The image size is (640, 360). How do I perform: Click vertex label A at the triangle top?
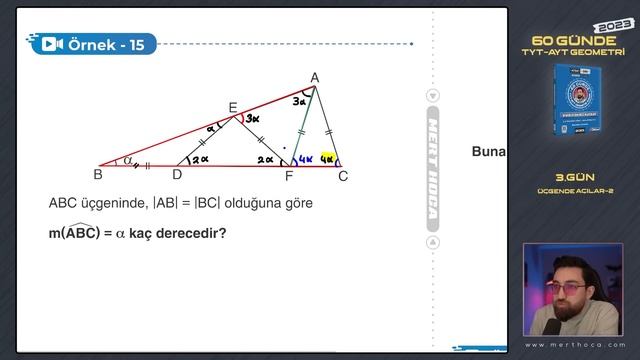tap(315, 77)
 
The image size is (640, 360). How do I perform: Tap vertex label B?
tap(98, 175)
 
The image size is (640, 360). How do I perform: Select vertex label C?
tap(343, 176)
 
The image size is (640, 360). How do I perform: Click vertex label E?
tap(233, 107)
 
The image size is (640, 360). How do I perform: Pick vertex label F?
tap(290, 176)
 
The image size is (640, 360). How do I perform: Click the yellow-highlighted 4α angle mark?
tap(327, 157)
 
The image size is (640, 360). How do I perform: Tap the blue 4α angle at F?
tap(305, 158)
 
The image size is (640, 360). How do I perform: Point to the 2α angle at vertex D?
tap(200, 157)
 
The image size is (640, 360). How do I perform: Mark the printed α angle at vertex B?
tap(127, 158)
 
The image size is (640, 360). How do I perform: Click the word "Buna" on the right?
tap(489, 152)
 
